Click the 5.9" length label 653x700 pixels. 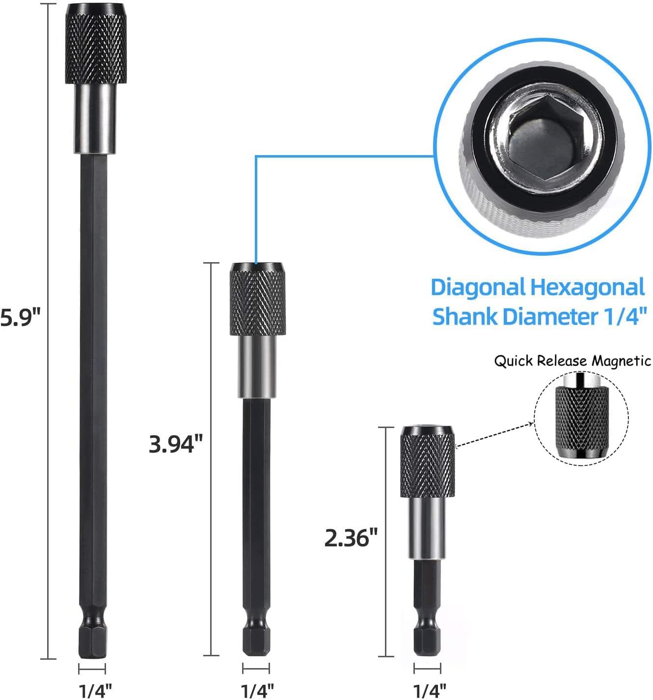pyautogui.click(x=21, y=317)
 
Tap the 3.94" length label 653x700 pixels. pyautogui.click(x=176, y=444)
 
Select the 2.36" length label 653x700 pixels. pyautogui.click(x=351, y=538)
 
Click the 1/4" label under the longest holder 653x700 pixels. pyautogui.click(x=95, y=691)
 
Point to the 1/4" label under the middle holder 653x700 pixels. pyautogui.click(x=257, y=691)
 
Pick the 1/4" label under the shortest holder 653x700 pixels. pyautogui.click(x=430, y=691)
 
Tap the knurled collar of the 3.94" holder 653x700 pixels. pyautogui.click(x=257, y=299)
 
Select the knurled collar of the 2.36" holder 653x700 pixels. pyautogui.click(x=427, y=462)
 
